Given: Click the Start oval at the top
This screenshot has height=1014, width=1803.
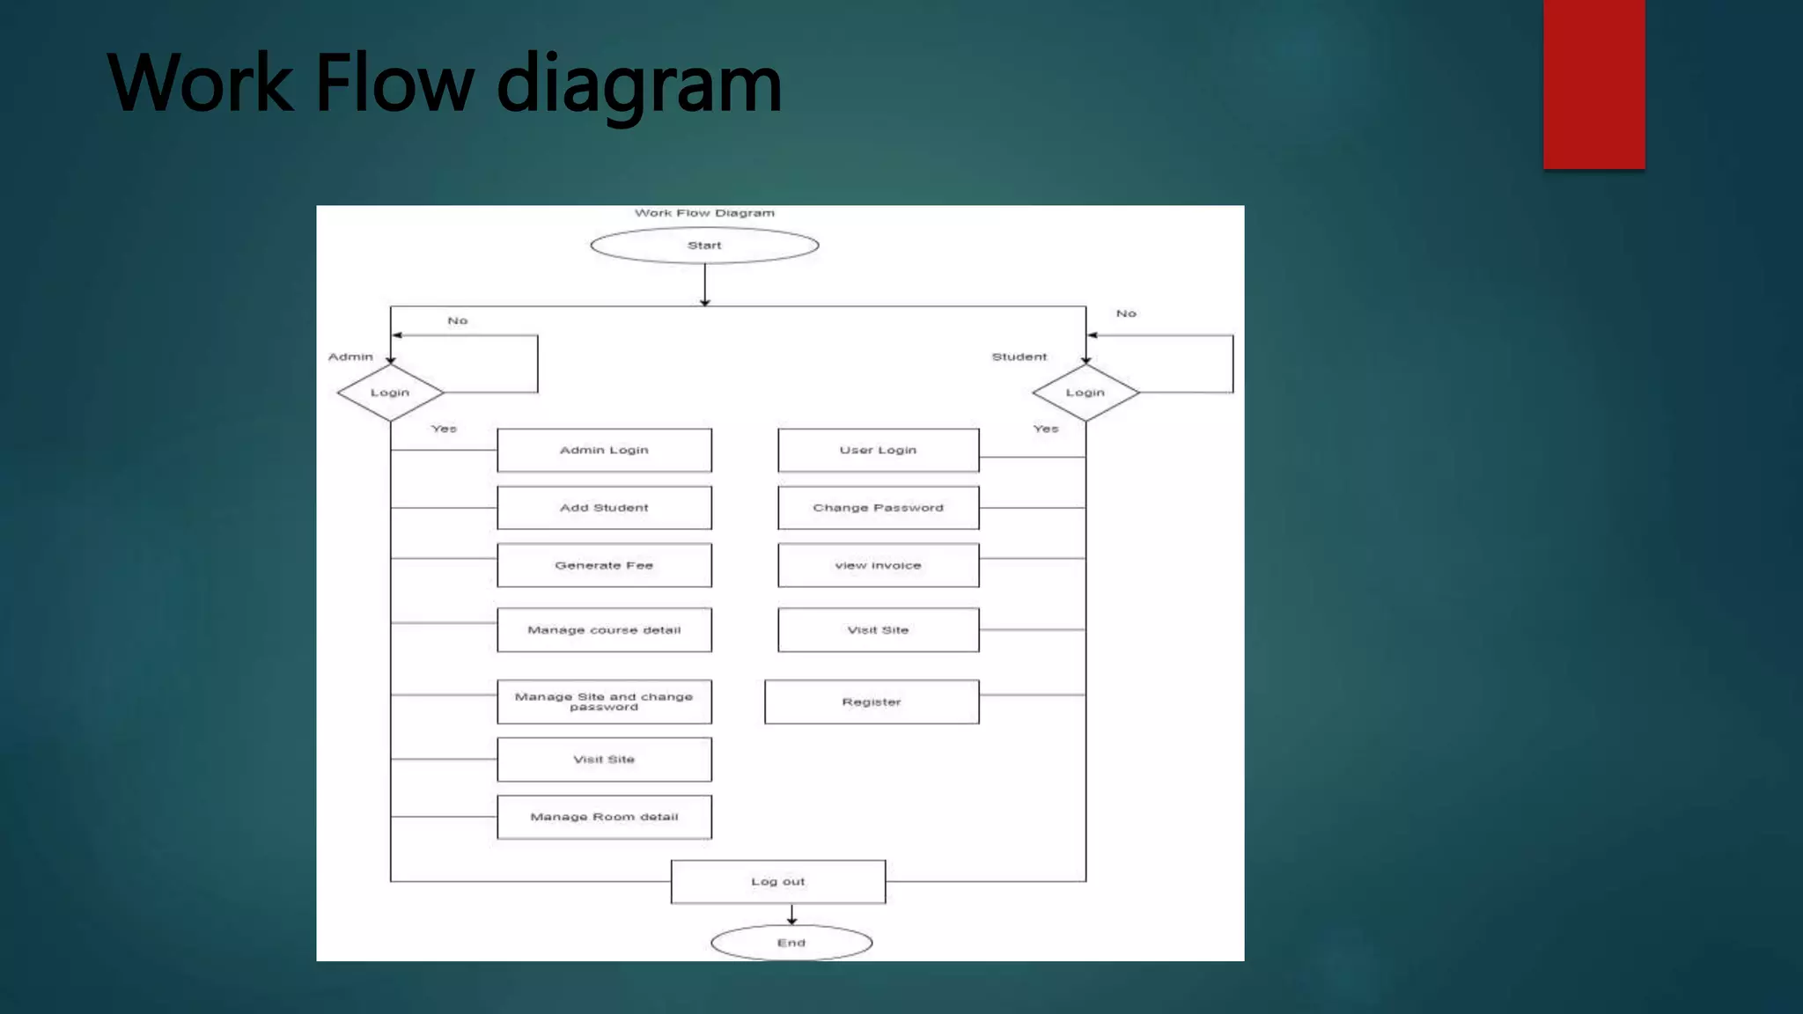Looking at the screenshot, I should [x=704, y=246].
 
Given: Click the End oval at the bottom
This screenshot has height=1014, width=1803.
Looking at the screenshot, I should [x=791, y=943].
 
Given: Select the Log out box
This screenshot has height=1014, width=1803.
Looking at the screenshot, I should [x=778, y=881].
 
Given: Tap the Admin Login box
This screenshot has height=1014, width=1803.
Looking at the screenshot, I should [x=604, y=450].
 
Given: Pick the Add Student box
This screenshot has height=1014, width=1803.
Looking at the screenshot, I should [x=604, y=508].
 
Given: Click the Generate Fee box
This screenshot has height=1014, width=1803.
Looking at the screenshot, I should [x=604, y=565].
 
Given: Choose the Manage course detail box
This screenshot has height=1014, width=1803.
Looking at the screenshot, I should [x=604, y=630].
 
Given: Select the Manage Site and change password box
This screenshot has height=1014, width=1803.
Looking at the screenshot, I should [x=604, y=702].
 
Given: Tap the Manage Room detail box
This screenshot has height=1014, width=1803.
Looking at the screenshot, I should [x=604, y=817].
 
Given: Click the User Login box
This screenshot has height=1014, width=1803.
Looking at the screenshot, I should [x=878, y=450].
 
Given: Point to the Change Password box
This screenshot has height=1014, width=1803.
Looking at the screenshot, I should [x=878, y=508].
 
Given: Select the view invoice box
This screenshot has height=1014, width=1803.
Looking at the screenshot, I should [x=878, y=565].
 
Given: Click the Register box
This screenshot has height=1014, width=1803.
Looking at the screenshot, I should [x=872, y=702].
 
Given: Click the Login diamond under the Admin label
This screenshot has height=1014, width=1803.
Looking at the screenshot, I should [x=390, y=393].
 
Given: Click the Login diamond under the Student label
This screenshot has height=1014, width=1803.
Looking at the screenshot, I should [x=1085, y=393].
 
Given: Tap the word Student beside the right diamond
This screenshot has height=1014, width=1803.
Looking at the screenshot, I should [x=1019, y=356].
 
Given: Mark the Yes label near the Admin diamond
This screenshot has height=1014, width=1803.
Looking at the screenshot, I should [x=444, y=429].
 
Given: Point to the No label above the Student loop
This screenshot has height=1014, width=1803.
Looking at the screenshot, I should [x=1126, y=313].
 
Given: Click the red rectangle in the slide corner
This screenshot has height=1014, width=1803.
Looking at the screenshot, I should [x=1593, y=84].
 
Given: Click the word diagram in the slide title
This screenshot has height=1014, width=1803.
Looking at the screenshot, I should [x=639, y=84].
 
